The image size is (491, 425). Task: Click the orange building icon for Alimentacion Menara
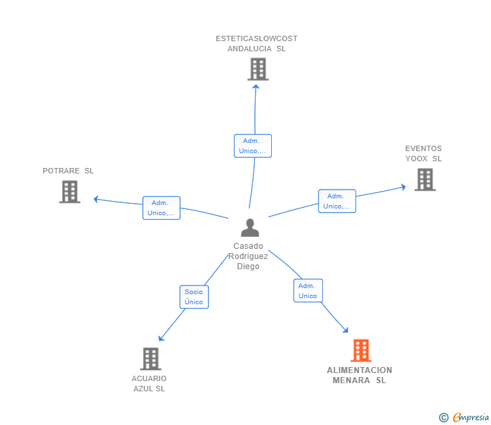(x=361, y=350)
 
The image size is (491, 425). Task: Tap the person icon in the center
(x=250, y=228)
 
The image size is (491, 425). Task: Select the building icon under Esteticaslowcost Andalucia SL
(x=258, y=69)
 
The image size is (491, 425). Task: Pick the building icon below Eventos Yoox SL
(x=425, y=179)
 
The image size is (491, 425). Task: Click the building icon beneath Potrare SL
(x=70, y=192)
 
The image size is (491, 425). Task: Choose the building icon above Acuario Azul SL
(x=150, y=359)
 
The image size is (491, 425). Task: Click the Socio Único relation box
(x=194, y=297)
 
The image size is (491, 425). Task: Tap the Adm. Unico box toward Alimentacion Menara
(x=308, y=291)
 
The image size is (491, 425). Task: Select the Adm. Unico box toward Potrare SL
(x=161, y=208)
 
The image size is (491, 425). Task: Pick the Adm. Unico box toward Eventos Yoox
(x=337, y=201)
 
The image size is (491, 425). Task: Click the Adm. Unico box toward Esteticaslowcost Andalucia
(x=253, y=146)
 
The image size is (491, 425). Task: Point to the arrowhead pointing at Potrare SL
(x=96, y=199)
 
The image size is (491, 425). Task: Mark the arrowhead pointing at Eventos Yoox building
(x=403, y=188)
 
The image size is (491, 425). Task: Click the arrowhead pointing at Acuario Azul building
(x=161, y=338)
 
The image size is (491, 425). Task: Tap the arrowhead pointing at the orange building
(x=345, y=330)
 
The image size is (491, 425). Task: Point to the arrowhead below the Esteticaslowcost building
(x=256, y=87)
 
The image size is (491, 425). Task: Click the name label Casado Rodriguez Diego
(x=248, y=256)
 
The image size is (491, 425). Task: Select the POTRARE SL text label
(x=68, y=171)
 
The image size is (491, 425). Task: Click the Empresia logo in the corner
(x=471, y=417)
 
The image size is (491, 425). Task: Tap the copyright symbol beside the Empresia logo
(x=444, y=418)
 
